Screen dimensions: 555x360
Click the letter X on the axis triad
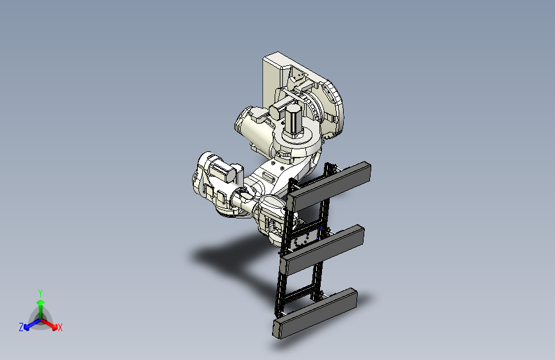(x=60, y=327)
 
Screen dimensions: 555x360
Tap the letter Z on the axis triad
(x=21, y=327)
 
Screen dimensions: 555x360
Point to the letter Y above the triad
(x=40, y=293)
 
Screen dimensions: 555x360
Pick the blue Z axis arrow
(x=32, y=324)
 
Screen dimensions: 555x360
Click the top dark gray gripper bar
(x=329, y=186)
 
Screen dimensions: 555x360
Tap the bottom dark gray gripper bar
(x=315, y=313)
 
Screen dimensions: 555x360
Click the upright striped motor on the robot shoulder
(x=293, y=120)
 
